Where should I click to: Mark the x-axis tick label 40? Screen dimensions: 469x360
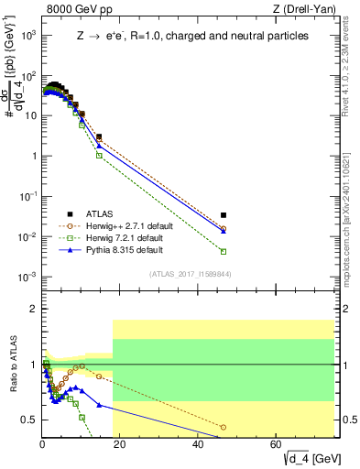tap(199, 444)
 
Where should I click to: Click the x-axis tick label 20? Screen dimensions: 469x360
tap(120, 444)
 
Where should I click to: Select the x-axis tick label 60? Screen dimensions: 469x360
tap(277, 444)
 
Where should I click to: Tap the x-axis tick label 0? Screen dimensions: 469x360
tap(42, 444)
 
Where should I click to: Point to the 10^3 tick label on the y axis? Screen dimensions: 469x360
tap(27, 35)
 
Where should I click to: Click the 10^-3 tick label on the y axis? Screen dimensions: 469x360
tap(27, 277)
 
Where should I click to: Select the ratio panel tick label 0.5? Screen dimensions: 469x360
tap(29, 420)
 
